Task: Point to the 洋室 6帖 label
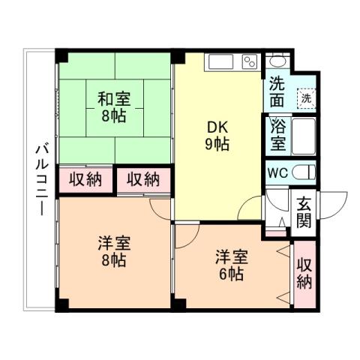(x=227, y=263)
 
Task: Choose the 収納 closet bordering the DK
(x=142, y=178)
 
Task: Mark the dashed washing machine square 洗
(x=305, y=97)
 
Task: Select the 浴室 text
(x=276, y=135)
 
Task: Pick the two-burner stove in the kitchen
(x=250, y=61)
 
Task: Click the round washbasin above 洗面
(x=278, y=61)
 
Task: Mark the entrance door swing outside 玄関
(x=334, y=204)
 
